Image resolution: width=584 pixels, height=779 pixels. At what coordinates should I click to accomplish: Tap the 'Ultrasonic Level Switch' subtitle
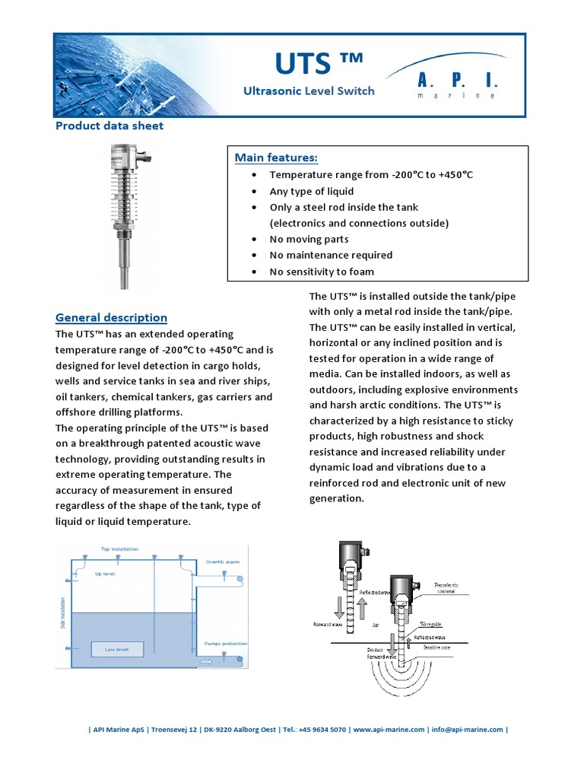[309, 91]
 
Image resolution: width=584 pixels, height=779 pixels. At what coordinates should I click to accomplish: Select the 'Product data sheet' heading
[109, 126]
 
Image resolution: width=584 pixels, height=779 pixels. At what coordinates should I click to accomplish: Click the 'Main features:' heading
[276, 157]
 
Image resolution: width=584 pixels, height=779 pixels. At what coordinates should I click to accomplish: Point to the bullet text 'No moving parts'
[309, 239]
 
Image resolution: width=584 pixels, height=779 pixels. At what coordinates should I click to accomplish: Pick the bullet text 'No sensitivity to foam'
[322, 272]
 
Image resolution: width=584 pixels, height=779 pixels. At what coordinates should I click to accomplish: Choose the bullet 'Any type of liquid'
[312, 191]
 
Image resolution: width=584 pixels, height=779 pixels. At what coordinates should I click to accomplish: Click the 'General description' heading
[111, 317]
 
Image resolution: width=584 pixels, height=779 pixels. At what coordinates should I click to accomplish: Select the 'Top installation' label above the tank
[119, 548]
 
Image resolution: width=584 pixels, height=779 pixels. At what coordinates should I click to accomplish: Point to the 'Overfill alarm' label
[222, 561]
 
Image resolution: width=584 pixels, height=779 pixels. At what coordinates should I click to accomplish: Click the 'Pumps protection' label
[226, 644]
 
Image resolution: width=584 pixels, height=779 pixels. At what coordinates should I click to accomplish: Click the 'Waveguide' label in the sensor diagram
[431, 609]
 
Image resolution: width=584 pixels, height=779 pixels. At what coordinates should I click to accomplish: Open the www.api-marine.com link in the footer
[389, 730]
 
